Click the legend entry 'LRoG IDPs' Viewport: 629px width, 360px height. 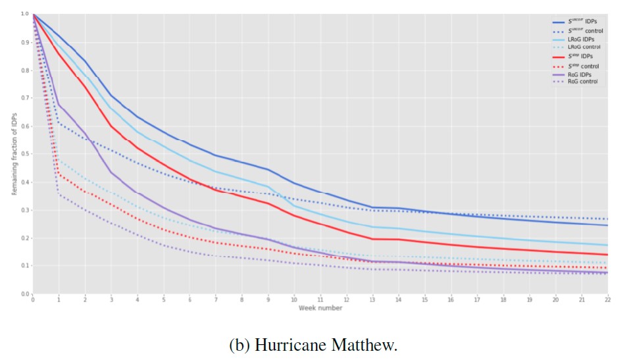click(580, 39)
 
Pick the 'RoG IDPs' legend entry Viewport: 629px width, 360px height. click(578, 74)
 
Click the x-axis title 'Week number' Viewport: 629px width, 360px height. click(320, 308)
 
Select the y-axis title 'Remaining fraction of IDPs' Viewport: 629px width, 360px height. click(14, 153)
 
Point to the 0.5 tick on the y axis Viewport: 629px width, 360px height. click(25, 154)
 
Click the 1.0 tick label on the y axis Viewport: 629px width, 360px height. click(25, 14)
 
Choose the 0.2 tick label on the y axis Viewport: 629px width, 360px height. click(25, 238)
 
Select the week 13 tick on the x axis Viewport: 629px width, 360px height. click(372, 299)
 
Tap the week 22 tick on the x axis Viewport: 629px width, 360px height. click(607, 299)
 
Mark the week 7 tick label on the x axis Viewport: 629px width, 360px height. click(215, 299)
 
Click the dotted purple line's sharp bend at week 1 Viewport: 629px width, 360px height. click(59, 193)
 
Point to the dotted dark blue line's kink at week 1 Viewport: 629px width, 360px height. click(59, 122)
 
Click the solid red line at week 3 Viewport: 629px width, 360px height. click(111, 126)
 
